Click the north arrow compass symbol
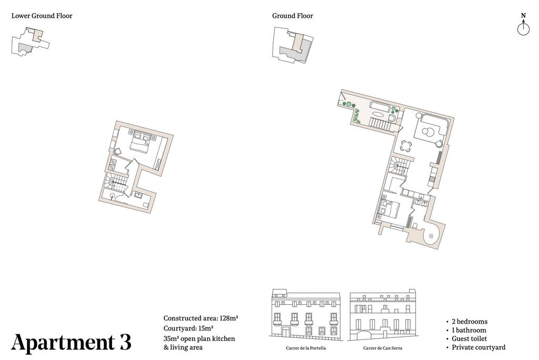coord(523,24)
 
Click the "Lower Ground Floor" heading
coord(42,15)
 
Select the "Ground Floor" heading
coord(293,15)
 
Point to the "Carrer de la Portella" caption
coord(306,348)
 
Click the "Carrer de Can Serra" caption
coord(383,348)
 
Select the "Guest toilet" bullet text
coord(469,338)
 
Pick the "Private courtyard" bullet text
coord(478,347)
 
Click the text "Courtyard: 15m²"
coord(188,328)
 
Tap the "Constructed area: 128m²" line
coord(201,318)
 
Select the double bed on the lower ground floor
coord(141,142)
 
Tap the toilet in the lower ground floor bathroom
coord(146,205)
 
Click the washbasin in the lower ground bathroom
coord(139,195)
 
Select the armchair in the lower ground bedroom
coord(117,151)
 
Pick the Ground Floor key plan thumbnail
coord(293,45)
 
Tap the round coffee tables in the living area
coord(428,132)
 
